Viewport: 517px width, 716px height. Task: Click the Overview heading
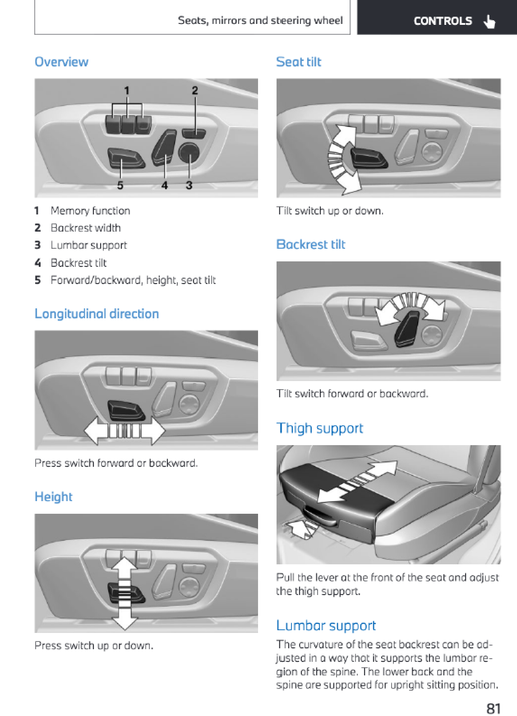[x=61, y=62]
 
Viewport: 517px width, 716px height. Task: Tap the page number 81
[x=493, y=708]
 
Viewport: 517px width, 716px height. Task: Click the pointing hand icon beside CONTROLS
[x=489, y=21]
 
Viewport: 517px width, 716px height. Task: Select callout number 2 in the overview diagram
[x=195, y=90]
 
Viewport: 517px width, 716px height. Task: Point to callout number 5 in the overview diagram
[x=120, y=185]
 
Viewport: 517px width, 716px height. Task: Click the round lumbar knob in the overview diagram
[x=189, y=152]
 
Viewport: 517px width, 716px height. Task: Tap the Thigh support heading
[x=319, y=428]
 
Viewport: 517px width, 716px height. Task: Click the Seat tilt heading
[x=298, y=62]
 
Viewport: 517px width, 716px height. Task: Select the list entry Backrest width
[x=86, y=228]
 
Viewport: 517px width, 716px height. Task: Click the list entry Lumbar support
[x=89, y=245]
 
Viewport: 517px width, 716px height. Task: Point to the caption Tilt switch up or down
[x=330, y=211]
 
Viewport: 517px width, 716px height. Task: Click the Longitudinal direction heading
[x=97, y=314]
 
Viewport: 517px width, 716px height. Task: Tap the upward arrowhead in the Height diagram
[x=124, y=564]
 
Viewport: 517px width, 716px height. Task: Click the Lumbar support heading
[x=326, y=625]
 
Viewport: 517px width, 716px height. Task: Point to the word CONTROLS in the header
[x=443, y=21]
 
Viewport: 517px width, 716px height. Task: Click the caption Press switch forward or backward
[x=116, y=463]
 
